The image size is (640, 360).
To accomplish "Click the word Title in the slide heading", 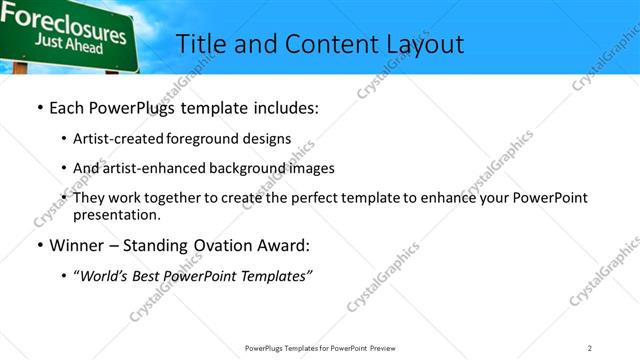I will pyautogui.click(x=201, y=44).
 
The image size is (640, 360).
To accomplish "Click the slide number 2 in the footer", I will pyautogui.click(x=590, y=347).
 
